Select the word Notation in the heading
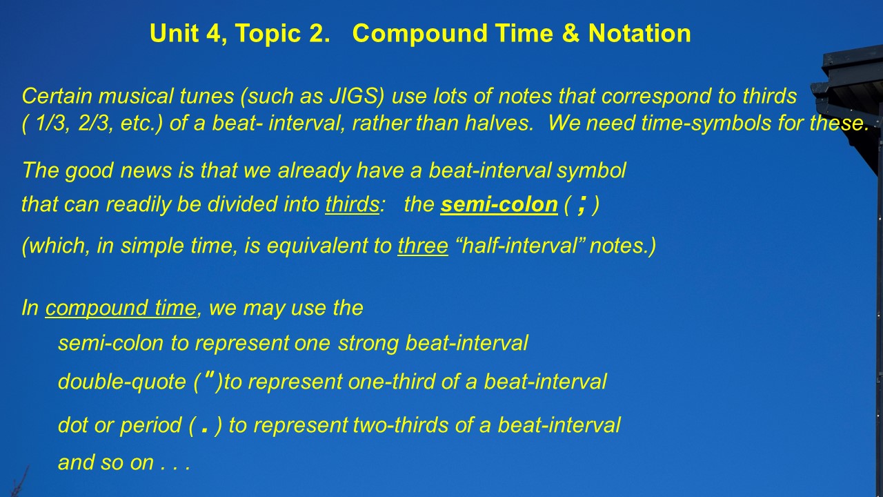tap(639, 33)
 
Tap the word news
tap(146, 170)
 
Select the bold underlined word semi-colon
tap(499, 204)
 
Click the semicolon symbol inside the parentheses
tap(581, 205)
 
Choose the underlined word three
tap(423, 245)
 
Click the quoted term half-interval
tap(519, 245)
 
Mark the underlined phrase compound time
tap(121, 308)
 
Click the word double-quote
tap(122, 382)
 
